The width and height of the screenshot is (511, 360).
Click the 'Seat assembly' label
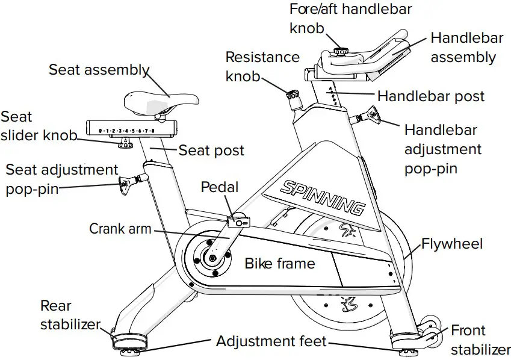(99, 70)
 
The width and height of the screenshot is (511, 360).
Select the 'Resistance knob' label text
(262, 66)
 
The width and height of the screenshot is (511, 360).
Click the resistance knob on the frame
(293, 95)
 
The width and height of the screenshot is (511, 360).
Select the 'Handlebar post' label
(430, 96)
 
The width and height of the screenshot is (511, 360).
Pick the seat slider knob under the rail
(125, 143)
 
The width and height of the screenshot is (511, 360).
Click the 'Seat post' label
(211, 150)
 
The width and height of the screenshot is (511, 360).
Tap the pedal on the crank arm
(239, 221)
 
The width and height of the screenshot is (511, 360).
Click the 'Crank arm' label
(120, 229)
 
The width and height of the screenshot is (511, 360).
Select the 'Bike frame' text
(279, 263)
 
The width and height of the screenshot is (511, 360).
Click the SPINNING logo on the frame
(322, 196)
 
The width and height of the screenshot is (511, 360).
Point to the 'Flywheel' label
(451, 244)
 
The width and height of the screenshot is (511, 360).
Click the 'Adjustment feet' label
(271, 342)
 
